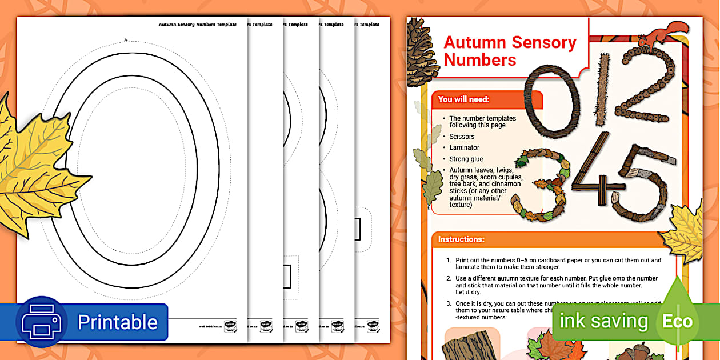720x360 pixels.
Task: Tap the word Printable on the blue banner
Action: click(x=117, y=322)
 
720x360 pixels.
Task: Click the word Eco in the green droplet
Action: click(x=677, y=321)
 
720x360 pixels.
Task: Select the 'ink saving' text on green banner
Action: click(x=603, y=321)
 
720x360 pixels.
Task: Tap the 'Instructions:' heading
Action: click(x=461, y=239)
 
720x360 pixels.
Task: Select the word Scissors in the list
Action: click(x=462, y=137)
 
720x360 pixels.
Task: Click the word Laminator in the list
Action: click(x=464, y=148)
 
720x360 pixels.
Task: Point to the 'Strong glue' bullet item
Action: click(x=466, y=159)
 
